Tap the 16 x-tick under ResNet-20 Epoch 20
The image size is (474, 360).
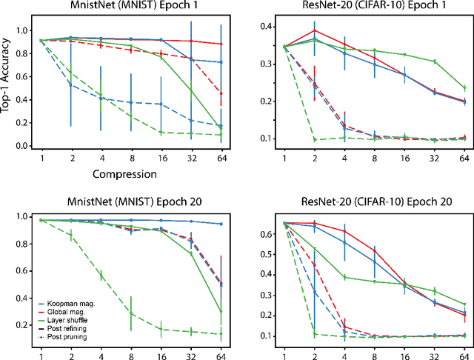(404, 350)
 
